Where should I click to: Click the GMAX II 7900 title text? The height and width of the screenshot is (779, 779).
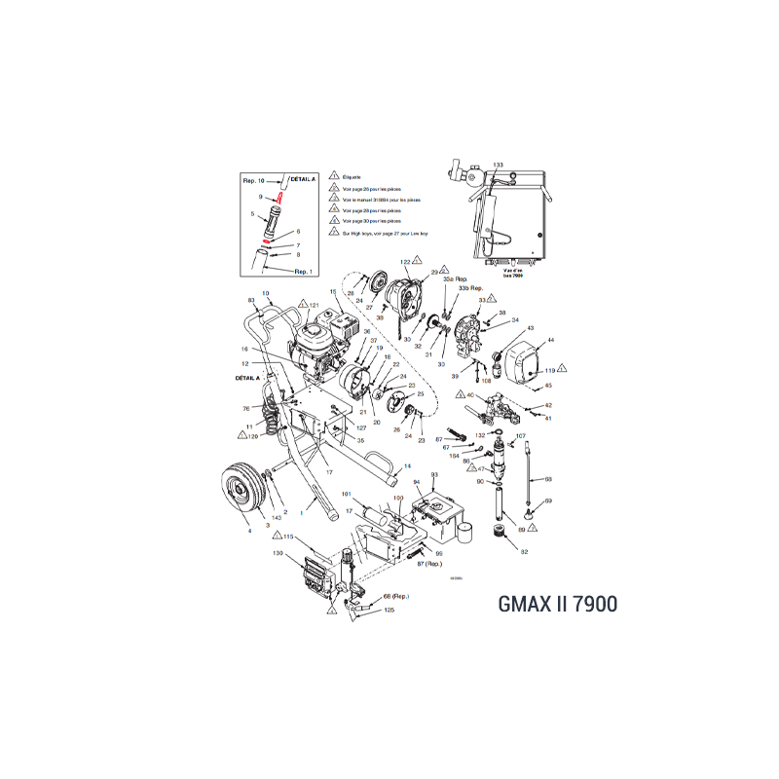pos(545,603)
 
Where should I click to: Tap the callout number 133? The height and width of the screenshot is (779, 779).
pos(498,166)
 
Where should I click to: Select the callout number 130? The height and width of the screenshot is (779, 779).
pos(278,553)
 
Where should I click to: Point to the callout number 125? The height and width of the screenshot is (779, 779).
pos(389,610)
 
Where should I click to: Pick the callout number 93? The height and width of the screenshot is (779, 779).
pos(435,474)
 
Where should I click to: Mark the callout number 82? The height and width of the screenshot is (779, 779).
pos(524,552)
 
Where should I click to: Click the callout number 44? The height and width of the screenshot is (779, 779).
pos(550,340)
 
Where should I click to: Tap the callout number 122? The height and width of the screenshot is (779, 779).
pos(405,262)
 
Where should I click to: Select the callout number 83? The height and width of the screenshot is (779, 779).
pos(250,300)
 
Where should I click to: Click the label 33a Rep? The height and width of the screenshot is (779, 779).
pos(456,278)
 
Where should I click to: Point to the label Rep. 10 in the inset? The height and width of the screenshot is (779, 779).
pos(253,181)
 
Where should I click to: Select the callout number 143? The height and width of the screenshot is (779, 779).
pos(278,517)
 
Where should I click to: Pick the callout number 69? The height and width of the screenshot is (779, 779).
pos(548,501)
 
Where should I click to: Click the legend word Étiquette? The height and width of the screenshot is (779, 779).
pos(352,175)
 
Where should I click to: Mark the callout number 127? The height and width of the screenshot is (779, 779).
pos(334,427)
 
